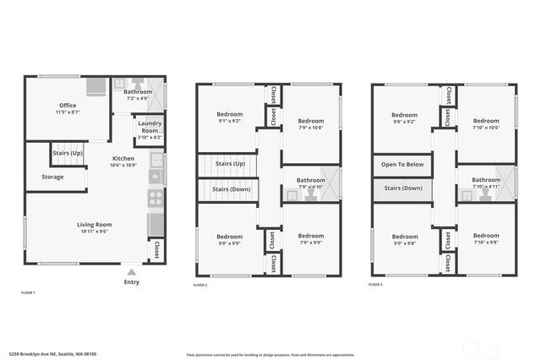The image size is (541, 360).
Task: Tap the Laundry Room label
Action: (x=150, y=127)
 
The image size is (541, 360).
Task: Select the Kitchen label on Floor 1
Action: (x=123, y=158)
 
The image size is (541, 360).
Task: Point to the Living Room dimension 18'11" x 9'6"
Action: (x=96, y=231)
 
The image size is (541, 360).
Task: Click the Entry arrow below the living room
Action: (x=131, y=273)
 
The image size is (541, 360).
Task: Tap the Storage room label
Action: (x=52, y=177)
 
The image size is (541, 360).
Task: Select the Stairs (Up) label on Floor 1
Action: (x=68, y=153)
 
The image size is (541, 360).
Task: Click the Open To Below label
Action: (x=402, y=164)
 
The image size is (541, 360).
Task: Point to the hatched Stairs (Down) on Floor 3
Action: (x=402, y=188)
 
